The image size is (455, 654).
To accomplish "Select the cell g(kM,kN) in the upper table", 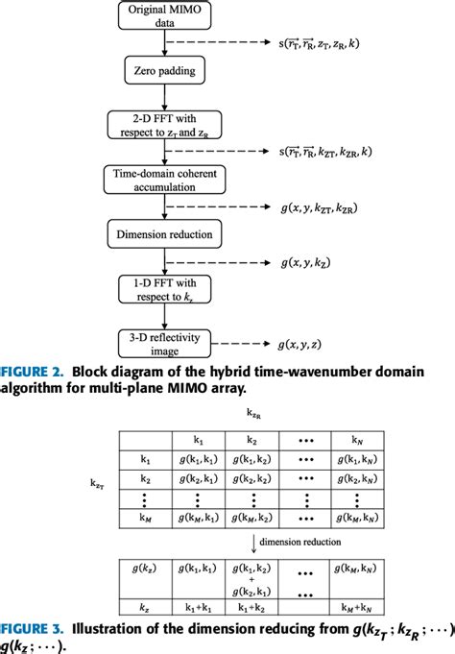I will point(359,518).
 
